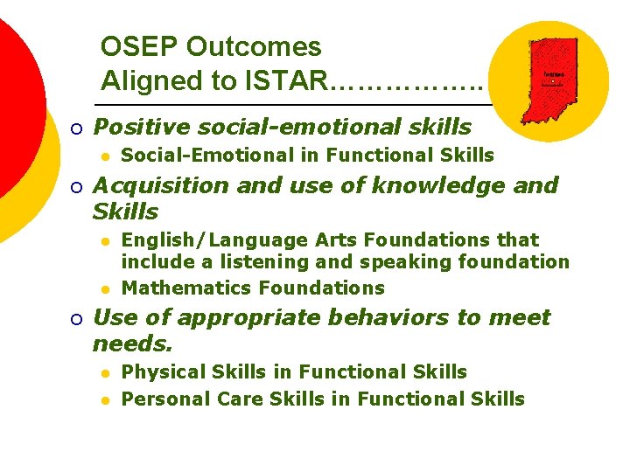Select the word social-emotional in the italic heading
click(x=295, y=128)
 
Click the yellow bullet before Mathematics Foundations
click(x=104, y=288)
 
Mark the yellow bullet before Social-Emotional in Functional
click(x=104, y=156)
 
